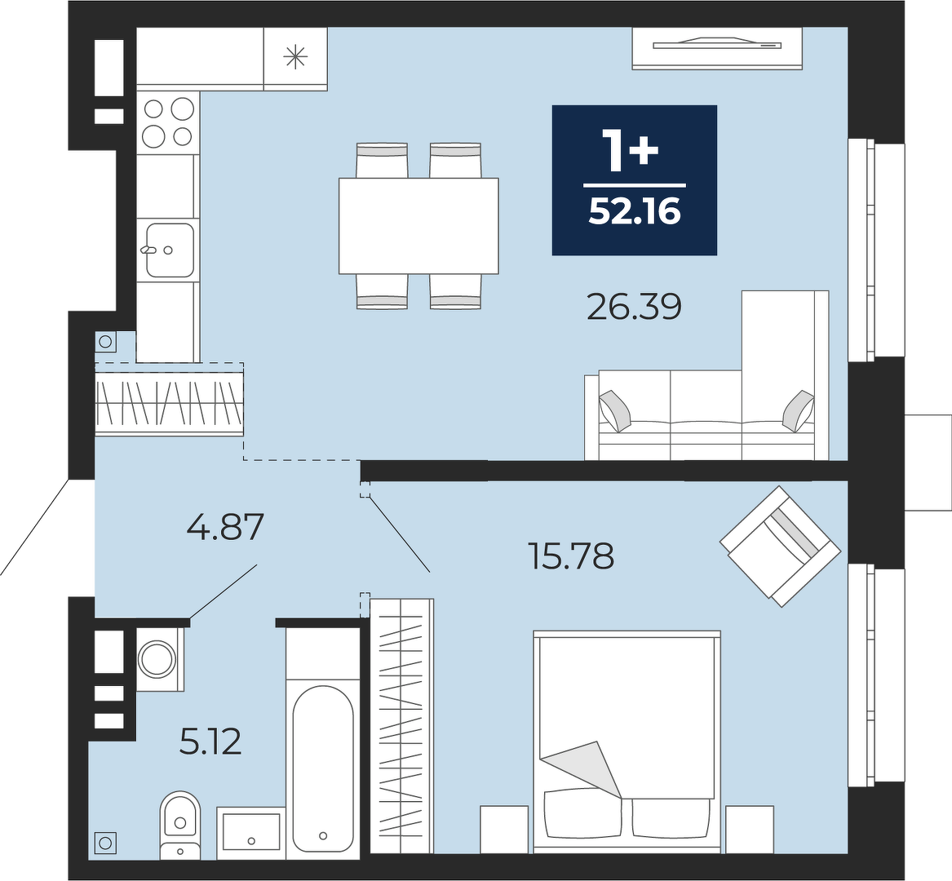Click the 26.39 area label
[635, 307]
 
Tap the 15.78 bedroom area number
[571, 556]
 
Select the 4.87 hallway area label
[225, 526]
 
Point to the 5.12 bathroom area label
[210, 742]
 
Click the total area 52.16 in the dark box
[635, 212]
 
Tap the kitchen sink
[169, 250]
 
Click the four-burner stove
[168, 123]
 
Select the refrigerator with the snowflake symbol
[295, 58]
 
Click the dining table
[418, 225]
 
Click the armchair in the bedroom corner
[780, 546]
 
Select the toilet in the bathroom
[179, 826]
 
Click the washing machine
[159, 659]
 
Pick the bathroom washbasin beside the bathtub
[250, 831]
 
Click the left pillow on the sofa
[615, 410]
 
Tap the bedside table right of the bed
[749, 830]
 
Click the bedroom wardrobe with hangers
[401, 726]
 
